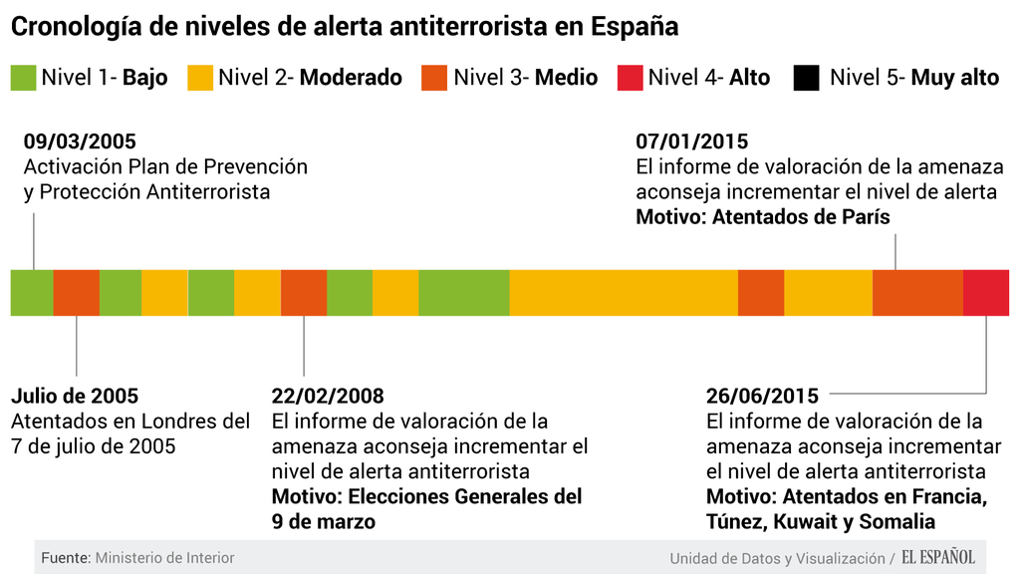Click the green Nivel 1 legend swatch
23,78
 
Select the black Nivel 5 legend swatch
806,78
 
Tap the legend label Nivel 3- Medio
525,78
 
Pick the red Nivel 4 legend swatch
630,78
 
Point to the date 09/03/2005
80,142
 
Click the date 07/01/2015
691,142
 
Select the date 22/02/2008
328,397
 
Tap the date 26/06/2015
762,397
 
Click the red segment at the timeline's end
985,292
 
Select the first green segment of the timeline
32,292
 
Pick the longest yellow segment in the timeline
623,292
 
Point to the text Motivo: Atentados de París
763,216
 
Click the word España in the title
631,27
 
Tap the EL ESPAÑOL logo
938,557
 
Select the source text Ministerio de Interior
164,558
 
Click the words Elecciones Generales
441,496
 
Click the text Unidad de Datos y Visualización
777,558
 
